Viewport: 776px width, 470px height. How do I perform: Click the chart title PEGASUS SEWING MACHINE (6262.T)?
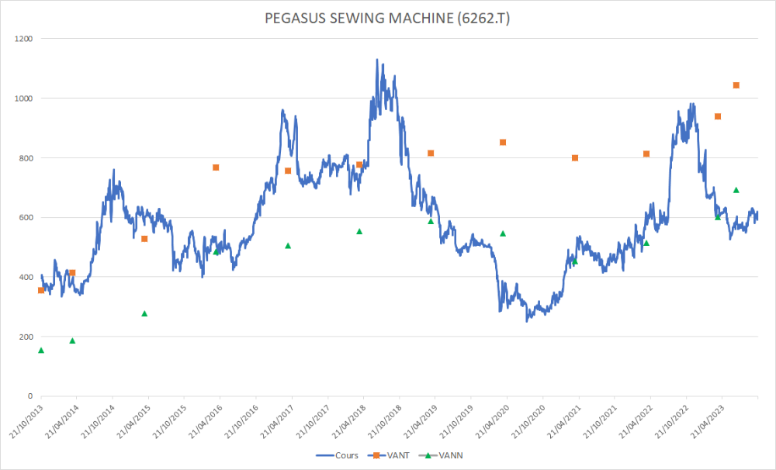388,17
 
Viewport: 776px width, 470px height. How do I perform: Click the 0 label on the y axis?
29,396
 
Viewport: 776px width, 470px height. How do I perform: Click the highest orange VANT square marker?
736,85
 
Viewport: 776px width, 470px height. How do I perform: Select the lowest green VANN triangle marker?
41,351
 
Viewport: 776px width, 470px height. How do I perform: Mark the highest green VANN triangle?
736,190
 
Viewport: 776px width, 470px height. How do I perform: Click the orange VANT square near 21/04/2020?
503,142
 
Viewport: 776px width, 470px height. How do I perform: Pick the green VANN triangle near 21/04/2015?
144,313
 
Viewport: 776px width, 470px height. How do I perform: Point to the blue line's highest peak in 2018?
377,60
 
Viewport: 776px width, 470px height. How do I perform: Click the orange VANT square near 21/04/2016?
216,168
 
